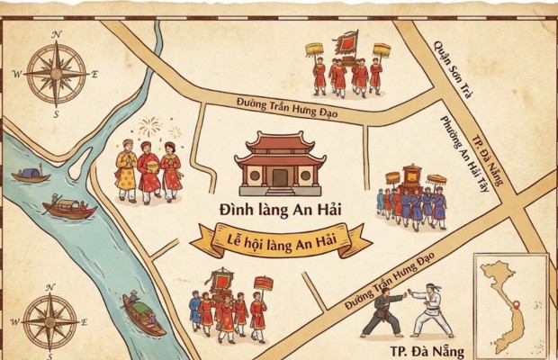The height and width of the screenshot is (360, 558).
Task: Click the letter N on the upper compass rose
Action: pos(56,34)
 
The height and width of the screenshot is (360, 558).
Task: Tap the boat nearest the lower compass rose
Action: pos(141,315)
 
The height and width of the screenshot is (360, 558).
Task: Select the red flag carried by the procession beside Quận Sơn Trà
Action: pos(346,42)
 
